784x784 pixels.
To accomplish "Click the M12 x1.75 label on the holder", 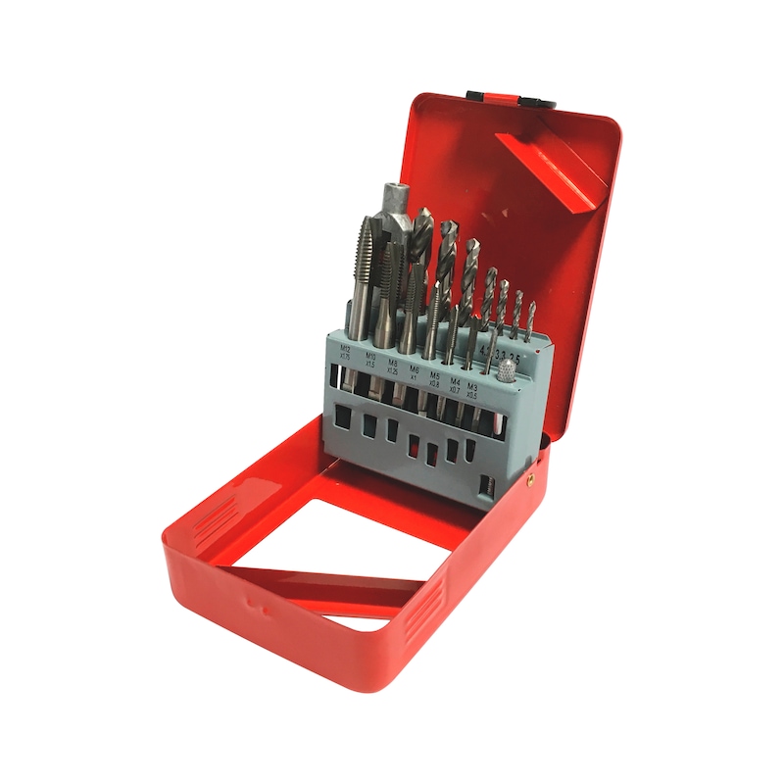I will [x=346, y=351].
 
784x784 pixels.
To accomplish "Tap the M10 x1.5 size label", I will [x=371, y=359].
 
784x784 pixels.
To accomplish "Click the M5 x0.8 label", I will [x=435, y=377].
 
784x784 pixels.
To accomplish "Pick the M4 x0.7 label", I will [x=455, y=383].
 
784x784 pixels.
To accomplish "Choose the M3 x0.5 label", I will [x=473, y=390].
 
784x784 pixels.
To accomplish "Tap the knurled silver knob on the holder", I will [x=508, y=371].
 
